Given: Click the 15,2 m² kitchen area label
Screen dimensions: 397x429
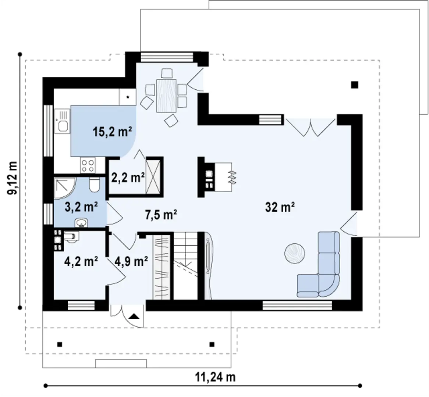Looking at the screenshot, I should pos(113,132).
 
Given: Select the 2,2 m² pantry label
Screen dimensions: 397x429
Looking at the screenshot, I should pos(127,178).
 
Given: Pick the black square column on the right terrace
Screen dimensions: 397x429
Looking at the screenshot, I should pos(354,85).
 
